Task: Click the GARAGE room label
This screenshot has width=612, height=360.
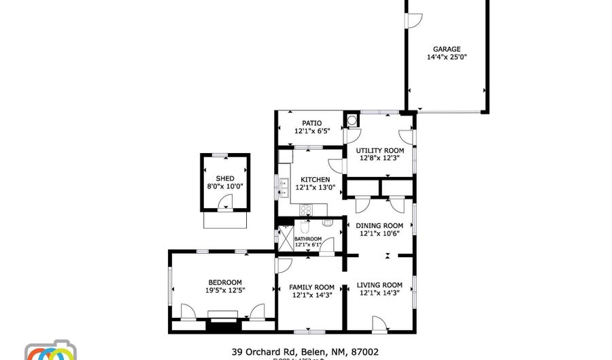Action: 447,49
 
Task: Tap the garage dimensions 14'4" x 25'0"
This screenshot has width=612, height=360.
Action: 447,58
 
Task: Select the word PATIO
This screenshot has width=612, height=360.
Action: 312,123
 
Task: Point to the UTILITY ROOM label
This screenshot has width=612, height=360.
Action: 380,150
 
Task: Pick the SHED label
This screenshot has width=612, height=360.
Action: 225,178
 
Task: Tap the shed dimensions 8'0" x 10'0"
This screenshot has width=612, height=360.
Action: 225,186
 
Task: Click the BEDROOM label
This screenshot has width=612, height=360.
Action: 224,282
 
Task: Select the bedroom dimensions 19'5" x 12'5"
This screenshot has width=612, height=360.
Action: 224,291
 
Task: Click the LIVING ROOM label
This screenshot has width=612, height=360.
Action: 379,285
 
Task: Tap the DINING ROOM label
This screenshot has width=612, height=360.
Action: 379,225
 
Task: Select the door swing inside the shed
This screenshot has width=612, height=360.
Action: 226,202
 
